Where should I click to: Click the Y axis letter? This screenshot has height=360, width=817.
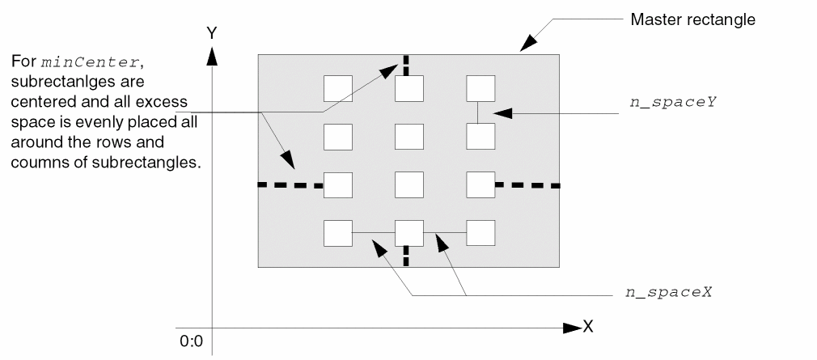[212, 33]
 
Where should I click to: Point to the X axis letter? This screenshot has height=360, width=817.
[589, 328]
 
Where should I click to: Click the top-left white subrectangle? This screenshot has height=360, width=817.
[337, 88]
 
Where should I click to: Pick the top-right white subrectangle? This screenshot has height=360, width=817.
[480, 88]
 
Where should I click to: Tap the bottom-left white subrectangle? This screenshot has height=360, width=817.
[337, 233]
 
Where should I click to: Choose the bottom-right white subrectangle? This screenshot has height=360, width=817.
[480, 233]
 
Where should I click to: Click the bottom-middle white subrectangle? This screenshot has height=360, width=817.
[408, 233]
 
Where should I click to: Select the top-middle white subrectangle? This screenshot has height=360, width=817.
[408, 88]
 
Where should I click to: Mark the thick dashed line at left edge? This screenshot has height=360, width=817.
[290, 185]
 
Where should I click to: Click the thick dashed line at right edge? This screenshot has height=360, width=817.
[527, 185]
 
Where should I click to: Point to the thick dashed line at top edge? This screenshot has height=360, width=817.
[406, 65]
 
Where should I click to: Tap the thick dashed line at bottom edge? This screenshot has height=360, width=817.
[406, 256]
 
